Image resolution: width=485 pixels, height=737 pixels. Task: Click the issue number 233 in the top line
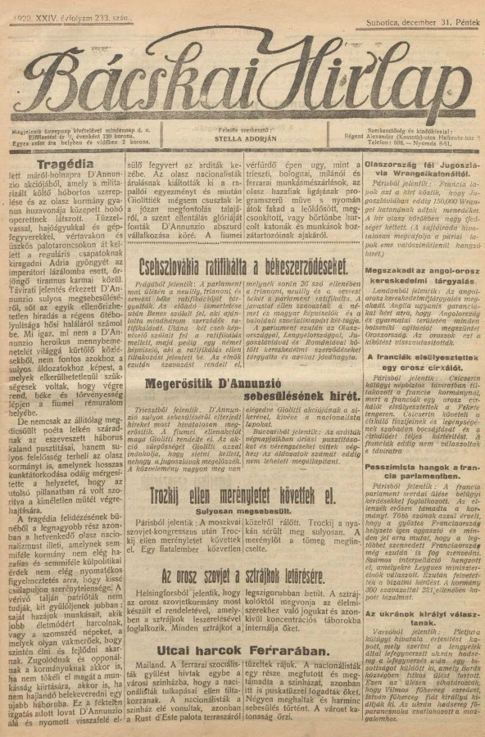click(x=102, y=16)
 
